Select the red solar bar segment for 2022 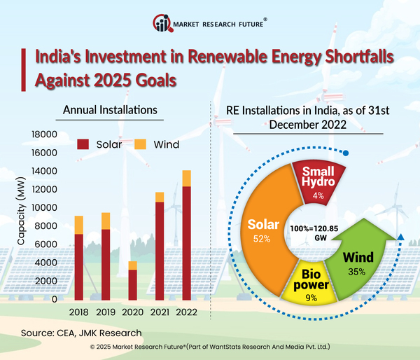click(186, 242)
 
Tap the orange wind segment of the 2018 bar click(79, 225)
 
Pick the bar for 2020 click(132, 280)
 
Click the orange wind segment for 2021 click(160, 197)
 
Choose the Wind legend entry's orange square click(139, 145)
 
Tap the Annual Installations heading click(110, 110)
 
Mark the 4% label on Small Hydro click(318, 196)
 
